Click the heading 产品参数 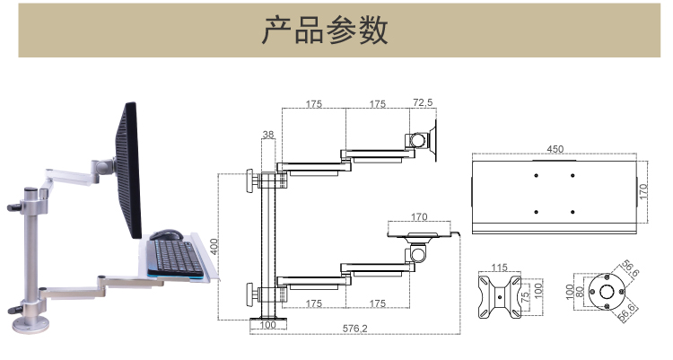coord(325,31)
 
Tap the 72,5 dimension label coord(423,102)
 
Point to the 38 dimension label coord(268,135)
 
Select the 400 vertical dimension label coord(214,247)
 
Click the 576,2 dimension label coord(355,329)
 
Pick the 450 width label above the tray coord(555,149)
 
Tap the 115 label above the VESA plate coord(499,268)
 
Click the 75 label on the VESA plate coord(525,297)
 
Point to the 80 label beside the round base coord(580,292)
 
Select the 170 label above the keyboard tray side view coord(419,217)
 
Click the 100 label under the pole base coord(267,325)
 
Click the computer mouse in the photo coord(166,234)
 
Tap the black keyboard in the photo coord(174,258)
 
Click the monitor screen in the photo coord(128,170)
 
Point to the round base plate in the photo coord(31,325)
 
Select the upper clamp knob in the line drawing coord(249,180)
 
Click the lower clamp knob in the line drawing coord(249,294)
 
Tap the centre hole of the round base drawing coord(607,292)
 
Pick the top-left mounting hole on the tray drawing coord(536,175)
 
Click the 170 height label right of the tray coord(642,191)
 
